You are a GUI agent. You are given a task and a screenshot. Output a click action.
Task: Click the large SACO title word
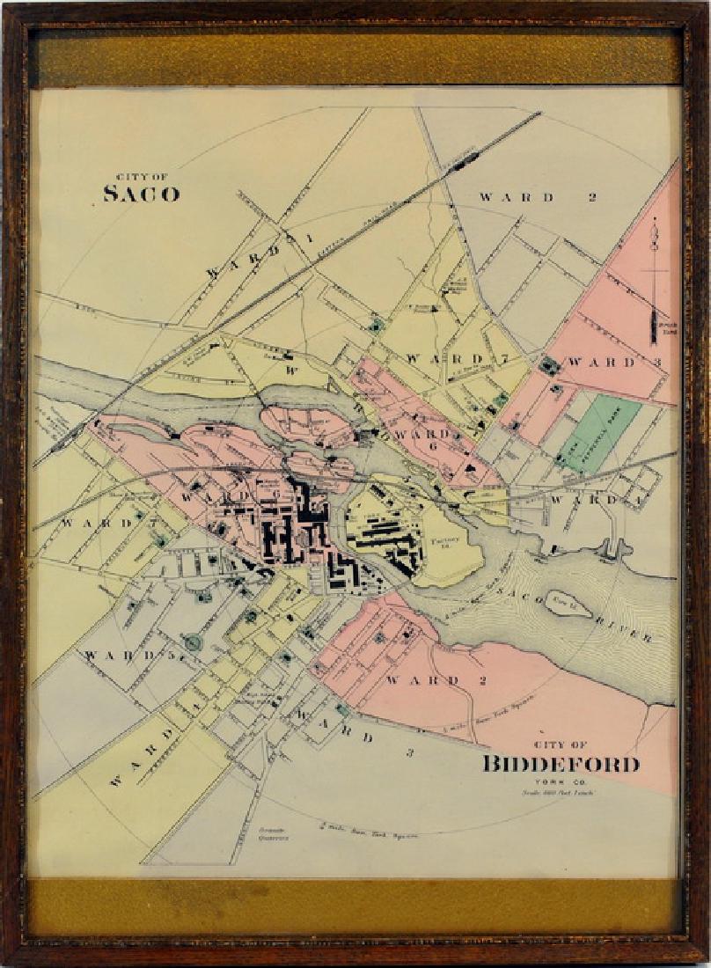[141, 194]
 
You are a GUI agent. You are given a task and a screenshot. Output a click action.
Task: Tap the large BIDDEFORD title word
[561, 764]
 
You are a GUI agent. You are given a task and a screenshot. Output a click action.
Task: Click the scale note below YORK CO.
[553, 794]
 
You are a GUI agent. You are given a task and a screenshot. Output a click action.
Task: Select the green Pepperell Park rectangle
[598, 432]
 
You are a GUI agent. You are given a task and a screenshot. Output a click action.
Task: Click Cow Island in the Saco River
[567, 605]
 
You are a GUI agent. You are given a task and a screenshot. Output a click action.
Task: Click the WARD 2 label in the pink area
[422, 680]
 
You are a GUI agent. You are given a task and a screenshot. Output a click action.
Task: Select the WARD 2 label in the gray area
[538, 197]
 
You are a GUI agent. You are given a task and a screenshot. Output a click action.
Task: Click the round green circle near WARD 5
[193, 643]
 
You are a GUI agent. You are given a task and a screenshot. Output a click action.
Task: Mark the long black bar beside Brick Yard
[654, 326]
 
